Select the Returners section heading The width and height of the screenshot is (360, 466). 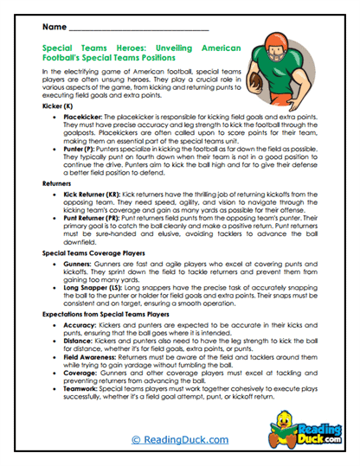pyautogui.click(x=60, y=185)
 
